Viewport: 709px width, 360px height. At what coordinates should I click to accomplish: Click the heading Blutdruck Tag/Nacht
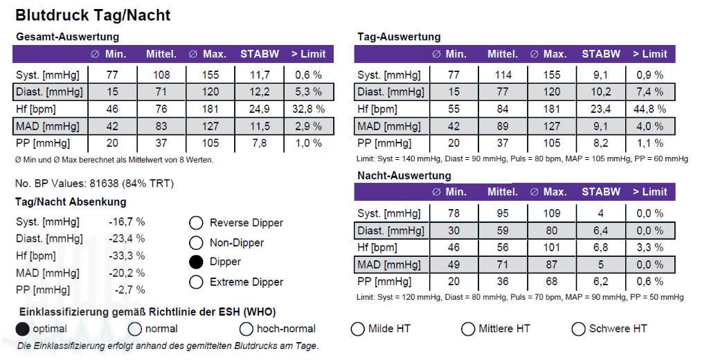[93, 15]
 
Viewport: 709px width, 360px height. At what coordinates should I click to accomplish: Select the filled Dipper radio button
[196, 262]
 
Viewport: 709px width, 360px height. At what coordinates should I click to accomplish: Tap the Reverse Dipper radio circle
[196, 223]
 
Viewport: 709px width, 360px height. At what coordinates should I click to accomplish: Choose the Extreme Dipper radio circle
[196, 282]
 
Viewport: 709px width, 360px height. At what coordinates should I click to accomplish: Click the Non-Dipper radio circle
[196, 243]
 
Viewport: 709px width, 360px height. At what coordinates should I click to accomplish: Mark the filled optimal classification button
[23, 329]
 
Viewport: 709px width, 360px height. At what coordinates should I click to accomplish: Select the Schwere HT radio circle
[578, 329]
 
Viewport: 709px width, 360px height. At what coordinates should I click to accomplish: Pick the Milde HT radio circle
[357, 329]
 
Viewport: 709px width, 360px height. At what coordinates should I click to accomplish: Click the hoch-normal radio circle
[246, 329]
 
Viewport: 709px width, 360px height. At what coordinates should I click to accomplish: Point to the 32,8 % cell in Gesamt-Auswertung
[306, 109]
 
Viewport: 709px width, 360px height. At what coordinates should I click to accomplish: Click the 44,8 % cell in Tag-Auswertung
[649, 109]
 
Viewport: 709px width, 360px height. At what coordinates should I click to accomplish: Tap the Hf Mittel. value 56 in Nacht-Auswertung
[503, 247]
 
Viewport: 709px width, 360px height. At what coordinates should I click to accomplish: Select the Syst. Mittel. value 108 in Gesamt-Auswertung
[161, 75]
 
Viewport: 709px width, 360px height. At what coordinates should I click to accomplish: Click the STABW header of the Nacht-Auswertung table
[601, 192]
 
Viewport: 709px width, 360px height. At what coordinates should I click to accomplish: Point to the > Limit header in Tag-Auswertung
[649, 54]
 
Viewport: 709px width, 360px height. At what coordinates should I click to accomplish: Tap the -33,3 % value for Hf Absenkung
[127, 255]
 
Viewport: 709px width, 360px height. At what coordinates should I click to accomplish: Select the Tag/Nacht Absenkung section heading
[71, 202]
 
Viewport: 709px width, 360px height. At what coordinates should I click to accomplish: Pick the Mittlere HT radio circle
[468, 329]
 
